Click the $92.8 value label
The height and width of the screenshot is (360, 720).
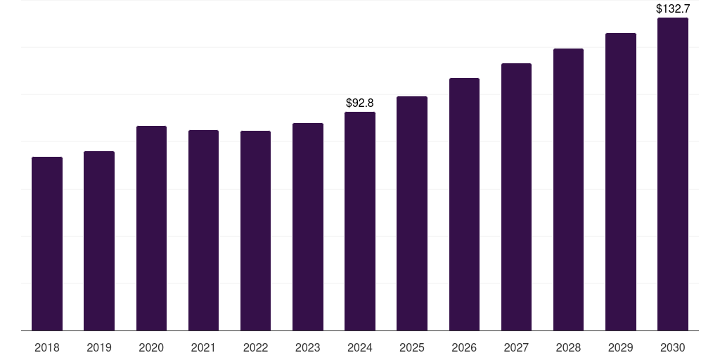[360, 103]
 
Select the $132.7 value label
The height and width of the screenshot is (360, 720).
[673, 9]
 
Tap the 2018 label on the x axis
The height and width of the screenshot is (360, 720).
[47, 347]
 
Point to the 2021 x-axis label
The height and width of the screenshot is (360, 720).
[203, 347]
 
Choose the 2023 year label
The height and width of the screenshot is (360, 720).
[308, 347]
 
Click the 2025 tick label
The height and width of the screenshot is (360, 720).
[412, 347]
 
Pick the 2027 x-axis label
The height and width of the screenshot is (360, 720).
[516, 347]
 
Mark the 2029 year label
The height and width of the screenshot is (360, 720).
[620, 347]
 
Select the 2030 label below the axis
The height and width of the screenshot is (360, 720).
[673, 347]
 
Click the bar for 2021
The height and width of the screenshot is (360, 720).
[203, 230]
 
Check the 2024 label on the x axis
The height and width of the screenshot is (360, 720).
[360, 347]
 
